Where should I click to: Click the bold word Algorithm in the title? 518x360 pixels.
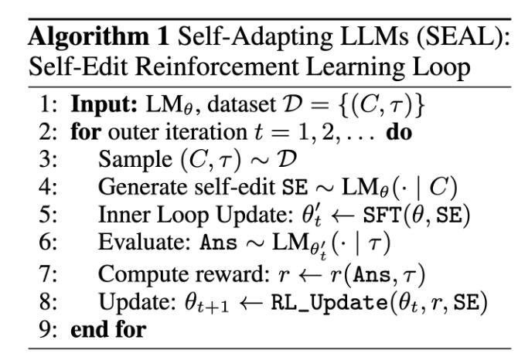[x=89, y=37]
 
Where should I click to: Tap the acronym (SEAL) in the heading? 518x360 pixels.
[x=463, y=36]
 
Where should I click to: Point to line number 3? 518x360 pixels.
[x=48, y=159]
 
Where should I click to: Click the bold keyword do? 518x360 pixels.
[x=400, y=132]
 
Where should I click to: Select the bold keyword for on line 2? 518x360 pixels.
[x=86, y=132]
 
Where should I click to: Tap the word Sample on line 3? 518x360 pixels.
[x=135, y=160]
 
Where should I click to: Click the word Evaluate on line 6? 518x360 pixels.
[x=145, y=242]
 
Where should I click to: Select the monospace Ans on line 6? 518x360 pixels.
[x=218, y=243]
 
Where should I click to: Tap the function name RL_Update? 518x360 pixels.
[x=329, y=303]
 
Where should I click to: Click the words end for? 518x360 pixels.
[x=108, y=329]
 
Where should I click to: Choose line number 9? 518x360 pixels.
[x=48, y=330]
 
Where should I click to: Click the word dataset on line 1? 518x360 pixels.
[x=241, y=105]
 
